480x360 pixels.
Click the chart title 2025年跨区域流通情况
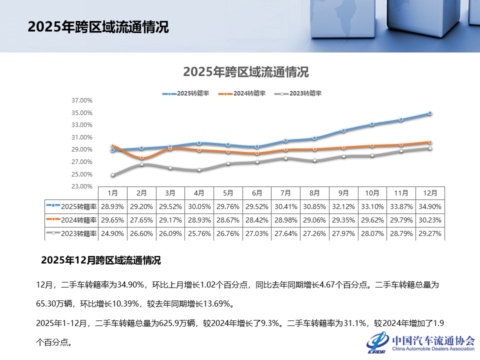tap(246, 72)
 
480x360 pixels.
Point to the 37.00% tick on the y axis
tap(82, 100)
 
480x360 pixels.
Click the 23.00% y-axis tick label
tap(82, 186)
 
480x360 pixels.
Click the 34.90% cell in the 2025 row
tap(430, 206)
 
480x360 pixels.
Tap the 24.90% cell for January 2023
tap(112, 233)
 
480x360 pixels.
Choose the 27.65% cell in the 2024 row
tap(141, 219)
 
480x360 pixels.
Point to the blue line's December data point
tap(429, 113)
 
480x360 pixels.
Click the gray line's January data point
tap(113, 175)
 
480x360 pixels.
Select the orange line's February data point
tap(141, 157)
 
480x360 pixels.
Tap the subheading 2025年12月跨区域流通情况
tap(100, 260)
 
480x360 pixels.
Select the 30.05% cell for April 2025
tap(199, 206)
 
